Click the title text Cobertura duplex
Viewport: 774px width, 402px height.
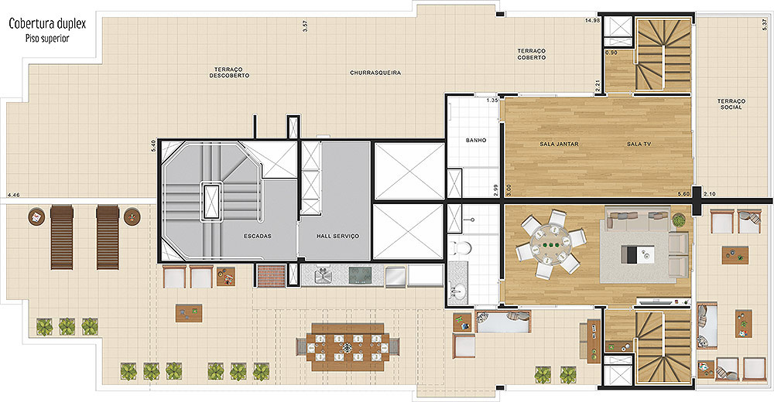click(47, 24)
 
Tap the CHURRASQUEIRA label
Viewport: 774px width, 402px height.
click(375, 73)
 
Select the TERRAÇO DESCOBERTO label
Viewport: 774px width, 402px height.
click(229, 73)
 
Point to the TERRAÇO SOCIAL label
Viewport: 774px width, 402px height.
click(731, 104)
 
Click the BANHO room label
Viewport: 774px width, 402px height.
click(476, 140)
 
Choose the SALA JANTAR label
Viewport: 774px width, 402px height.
click(559, 144)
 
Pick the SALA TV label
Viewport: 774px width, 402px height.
click(639, 144)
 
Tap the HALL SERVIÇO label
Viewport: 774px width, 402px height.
click(337, 237)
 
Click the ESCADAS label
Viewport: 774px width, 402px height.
click(257, 237)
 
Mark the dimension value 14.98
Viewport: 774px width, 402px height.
click(592, 21)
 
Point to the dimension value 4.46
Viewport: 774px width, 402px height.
click(14, 195)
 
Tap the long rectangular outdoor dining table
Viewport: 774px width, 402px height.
click(348, 347)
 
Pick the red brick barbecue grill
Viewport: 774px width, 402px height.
click(272, 275)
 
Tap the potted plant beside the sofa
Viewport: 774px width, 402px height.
click(679, 220)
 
